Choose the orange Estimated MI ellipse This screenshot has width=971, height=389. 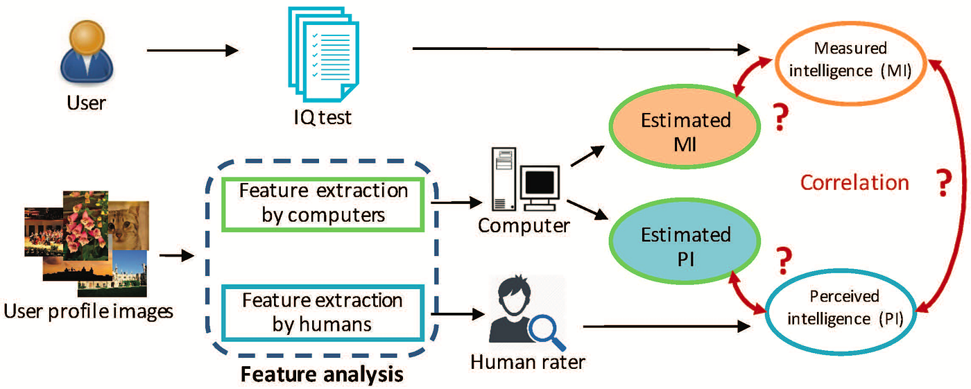[685, 130]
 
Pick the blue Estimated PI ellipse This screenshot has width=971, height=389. [685, 244]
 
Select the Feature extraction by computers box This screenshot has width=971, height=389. [323, 203]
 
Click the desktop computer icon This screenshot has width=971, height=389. [522, 181]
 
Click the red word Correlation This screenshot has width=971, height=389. [854, 182]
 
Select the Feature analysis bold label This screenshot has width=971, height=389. [321, 375]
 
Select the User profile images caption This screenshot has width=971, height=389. [88, 311]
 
